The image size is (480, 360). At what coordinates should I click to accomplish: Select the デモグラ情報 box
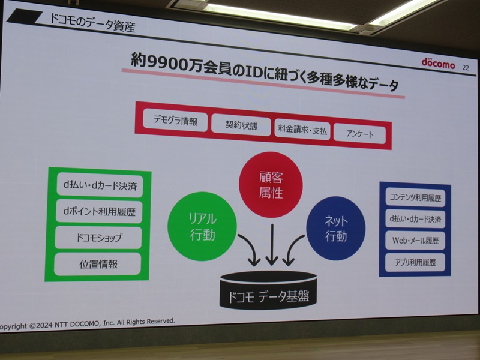coord(175,120)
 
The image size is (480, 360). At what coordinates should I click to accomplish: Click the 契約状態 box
coord(241,125)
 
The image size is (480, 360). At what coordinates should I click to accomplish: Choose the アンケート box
coord(361,133)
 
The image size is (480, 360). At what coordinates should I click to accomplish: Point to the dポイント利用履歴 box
coord(98,211)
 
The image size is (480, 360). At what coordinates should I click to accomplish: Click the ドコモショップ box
coord(98,238)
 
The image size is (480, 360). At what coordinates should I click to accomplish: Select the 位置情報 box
coord(97,263)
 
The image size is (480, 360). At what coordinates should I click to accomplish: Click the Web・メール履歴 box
coord(414,240)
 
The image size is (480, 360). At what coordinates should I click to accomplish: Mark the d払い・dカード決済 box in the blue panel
coord(415,219)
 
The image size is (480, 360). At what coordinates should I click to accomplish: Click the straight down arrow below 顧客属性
coord(271,245)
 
